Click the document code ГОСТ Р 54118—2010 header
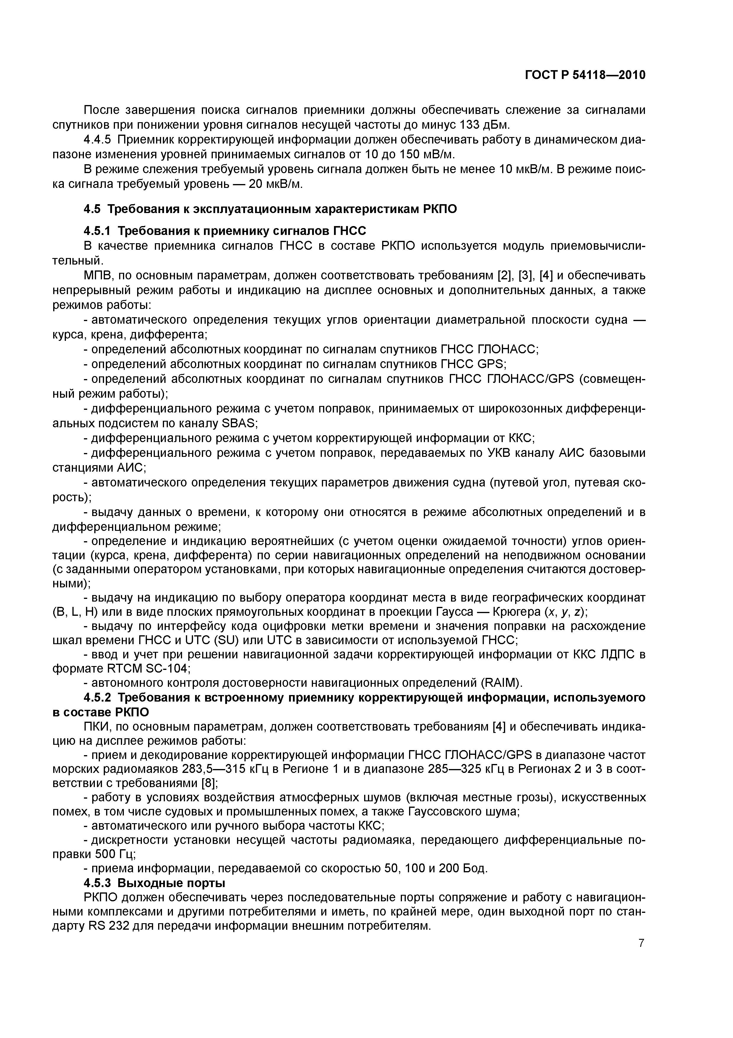(585, 75)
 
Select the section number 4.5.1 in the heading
(97, 231)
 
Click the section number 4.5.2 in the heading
(97, 698)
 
